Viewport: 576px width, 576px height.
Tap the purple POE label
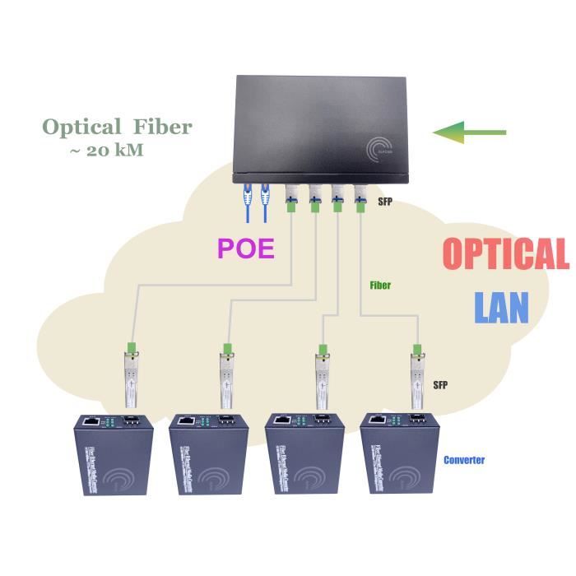[245, 248]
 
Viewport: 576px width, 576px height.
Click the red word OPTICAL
[504, 254]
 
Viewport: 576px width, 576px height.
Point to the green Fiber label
[380, 286]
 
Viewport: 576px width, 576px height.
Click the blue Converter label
[464, 460]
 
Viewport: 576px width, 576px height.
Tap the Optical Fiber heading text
[117, 127]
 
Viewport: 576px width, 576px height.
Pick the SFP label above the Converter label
[440, 385]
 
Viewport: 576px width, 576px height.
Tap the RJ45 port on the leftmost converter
[91, 423]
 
